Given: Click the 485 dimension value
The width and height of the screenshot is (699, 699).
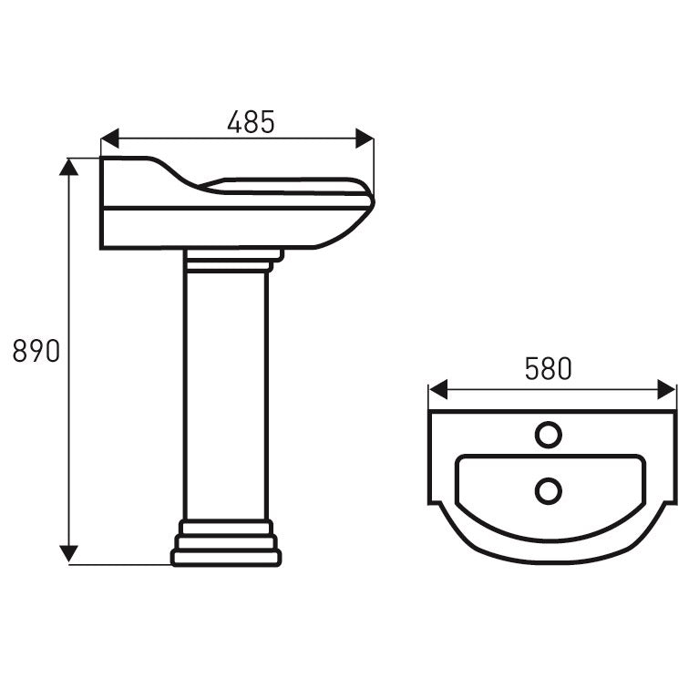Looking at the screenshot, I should pyautogui.click(x=251, y=121).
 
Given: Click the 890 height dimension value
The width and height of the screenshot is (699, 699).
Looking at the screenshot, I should pyautogui.click(x=36, y=351).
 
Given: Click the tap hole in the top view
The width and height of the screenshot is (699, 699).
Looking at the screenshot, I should pyautogui.click(x=548, y=434).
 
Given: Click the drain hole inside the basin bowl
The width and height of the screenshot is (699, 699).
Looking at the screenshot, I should pyautogui.click(x=548, y=491).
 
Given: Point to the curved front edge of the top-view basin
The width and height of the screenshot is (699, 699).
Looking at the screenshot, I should pyautogui.click(x=553, y=558).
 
